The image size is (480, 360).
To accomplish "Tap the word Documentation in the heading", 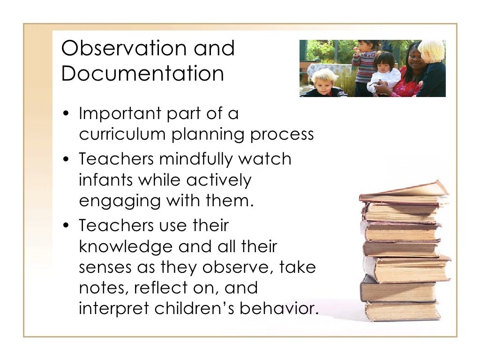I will (x=142, y=75).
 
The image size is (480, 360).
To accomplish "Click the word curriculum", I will (x=122, y=135).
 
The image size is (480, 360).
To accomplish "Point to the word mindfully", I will (x=196, y=159).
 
